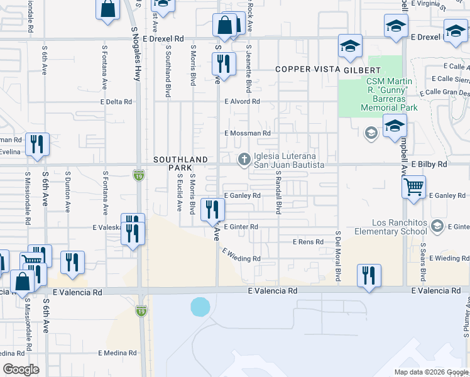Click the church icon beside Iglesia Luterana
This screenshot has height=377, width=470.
click(243, 160)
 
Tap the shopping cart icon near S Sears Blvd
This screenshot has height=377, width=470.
click(414, 187)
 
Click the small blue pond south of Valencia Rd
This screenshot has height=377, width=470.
click(200, 307)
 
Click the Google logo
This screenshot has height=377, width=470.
click(21, 369)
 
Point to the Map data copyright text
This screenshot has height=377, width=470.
click(431, 371)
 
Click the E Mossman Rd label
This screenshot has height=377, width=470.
click(247, 133)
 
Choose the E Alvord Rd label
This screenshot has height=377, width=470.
click(242, 101)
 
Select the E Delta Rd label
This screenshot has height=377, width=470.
click(116, 101)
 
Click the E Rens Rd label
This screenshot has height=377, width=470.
click(308, 242)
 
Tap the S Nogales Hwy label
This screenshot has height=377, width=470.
click(135, 54)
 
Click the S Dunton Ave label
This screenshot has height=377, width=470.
click(67, 195)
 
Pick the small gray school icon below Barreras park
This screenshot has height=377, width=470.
click(371, 133)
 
